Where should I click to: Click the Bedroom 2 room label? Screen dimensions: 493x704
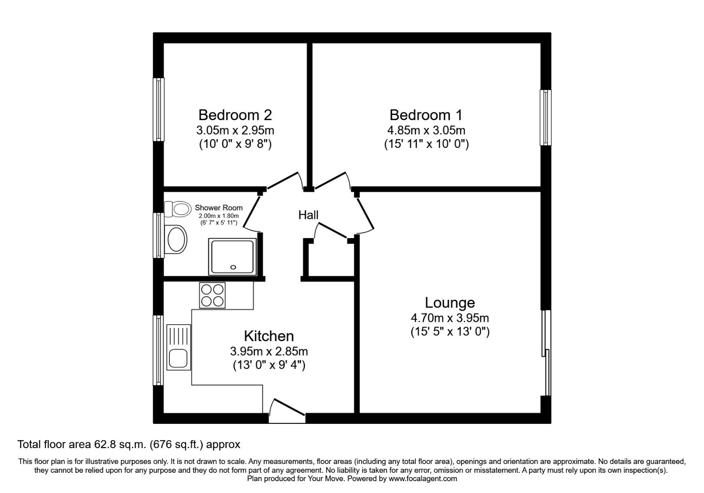[x=235, y=115]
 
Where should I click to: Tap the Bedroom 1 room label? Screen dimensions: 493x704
[x=425, y=115]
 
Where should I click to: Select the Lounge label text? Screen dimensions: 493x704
[x=450, y=303]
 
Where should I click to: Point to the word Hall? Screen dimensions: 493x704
[x=308, y=215]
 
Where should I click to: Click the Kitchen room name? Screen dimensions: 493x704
[x=268, y=336]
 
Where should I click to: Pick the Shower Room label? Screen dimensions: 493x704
[x=218, y=208]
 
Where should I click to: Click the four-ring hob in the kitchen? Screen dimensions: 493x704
[x=212, y=295]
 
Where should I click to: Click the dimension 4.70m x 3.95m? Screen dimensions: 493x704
[x=450, y=318]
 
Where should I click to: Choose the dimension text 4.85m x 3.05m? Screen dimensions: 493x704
[x=425, y=130]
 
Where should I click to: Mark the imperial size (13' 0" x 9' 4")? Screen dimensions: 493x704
[x=268, y=365]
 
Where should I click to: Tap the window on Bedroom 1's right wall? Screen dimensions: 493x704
[x=546, y=118]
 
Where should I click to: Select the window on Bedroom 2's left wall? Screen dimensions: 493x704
[x=158, y=110]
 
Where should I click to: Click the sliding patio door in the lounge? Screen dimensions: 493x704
[x=546, y=352]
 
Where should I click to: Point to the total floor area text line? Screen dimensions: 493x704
[x=128, y=445]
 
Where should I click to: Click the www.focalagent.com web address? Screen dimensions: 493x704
[x=422, y=478]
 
